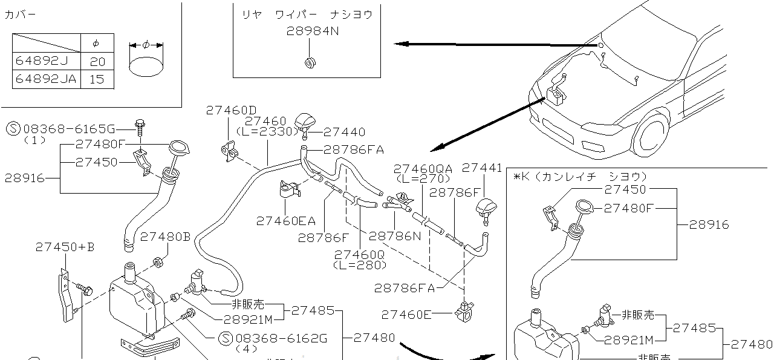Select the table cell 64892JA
[x=45, y=79]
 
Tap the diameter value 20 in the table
[x=97, y=61]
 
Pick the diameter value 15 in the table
[x=97, y=79]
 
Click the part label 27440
[x=344, y=132]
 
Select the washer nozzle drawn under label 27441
[x=486, y=208]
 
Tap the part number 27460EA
[x=282, y=221]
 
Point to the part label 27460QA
[x=423, y=169]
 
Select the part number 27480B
[x=165, y=237]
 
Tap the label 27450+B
[x=65, y=247]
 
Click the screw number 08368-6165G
[x=68, y=129]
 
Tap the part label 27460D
[x=231, y=110]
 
